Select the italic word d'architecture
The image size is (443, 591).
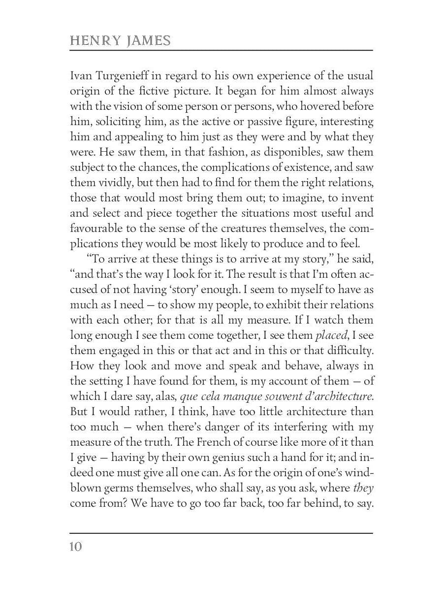330,381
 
